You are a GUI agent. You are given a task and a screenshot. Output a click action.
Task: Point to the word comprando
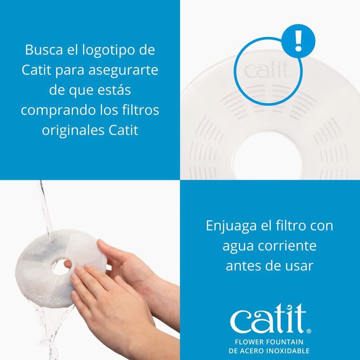click(56, 110)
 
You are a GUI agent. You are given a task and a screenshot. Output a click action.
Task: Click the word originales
click(69, 130)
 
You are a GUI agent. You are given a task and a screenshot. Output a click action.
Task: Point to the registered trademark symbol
click(308, 331)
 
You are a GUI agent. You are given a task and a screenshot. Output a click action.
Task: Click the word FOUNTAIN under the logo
click(284, 342)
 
